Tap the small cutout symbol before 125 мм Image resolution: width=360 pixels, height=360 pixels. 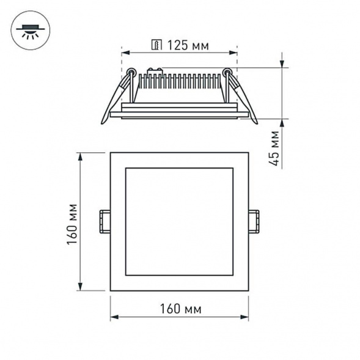click(x=156, y=45)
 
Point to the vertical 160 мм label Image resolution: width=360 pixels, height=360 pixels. click(x=72, y=224)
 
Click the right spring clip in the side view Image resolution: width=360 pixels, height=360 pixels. click(x=243, y=98)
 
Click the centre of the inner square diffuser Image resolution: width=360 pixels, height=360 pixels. click(x=179, y=221)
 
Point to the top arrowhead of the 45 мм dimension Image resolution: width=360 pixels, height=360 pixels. click(x=282, y=64)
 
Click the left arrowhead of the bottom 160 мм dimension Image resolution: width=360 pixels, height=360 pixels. click(x=114, y=317)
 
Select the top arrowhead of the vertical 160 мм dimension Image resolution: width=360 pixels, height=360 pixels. click(x=81, y=156)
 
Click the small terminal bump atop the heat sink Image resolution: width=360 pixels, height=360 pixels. click(x=155, y=71)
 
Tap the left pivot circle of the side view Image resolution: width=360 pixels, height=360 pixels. click(x=131, y=72)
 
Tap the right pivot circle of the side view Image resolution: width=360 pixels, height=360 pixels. click(x=227, y=72)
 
